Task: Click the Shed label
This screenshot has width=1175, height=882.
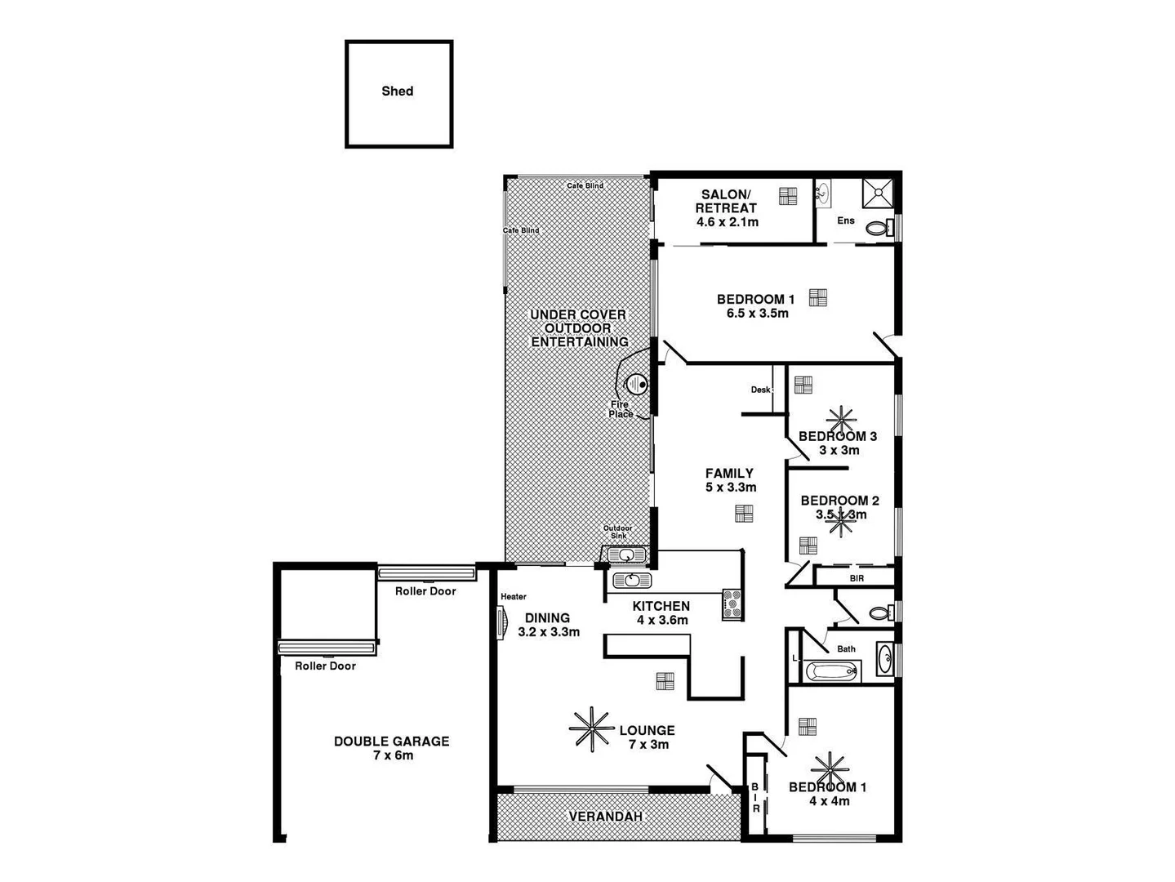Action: coord(398,91)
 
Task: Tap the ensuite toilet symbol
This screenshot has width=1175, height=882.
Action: coord(878,228)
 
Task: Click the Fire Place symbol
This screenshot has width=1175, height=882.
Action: coord(636,383)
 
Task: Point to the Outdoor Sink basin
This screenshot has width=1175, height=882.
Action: coord(626,556)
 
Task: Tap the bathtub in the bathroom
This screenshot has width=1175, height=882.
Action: coord(832,672)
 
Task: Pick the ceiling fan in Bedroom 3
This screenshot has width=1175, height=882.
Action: coord(840,421)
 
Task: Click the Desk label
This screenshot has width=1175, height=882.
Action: coord(760,390)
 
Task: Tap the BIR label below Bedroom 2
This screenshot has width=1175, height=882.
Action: coord(857,578)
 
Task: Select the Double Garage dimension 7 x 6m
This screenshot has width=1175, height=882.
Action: coord(392,755)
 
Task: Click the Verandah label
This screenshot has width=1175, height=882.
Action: coord(605,816)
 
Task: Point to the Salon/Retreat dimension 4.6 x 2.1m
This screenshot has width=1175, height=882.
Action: coord(727,222)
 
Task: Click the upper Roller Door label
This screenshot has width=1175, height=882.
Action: coord(425,590)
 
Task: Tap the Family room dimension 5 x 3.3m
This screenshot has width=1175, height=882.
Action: coord(730,488)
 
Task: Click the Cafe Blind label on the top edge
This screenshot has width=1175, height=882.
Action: coord(585,185)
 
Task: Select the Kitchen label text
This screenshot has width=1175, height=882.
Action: coord(661,606)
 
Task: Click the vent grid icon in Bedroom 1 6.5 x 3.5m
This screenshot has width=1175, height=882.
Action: coord(817,297)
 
